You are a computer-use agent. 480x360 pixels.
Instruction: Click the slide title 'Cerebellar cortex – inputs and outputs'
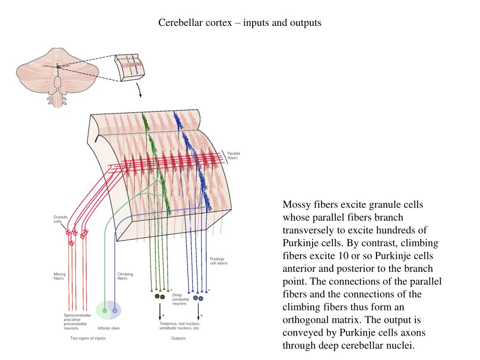point(240,22)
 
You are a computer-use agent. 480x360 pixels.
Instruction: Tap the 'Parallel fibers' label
point(233,156)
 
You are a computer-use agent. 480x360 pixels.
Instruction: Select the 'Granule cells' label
point(60,219)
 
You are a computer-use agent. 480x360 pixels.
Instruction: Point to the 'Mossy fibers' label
point(60,276)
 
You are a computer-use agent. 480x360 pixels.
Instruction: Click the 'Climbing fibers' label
point(125,276)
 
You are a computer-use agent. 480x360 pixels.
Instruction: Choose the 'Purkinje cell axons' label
point(218,261)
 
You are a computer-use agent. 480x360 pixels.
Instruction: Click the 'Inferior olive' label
point(108,328)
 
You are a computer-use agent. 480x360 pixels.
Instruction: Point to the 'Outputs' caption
point(178,338)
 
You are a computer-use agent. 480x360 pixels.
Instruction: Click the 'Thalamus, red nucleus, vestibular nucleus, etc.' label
point(180,326)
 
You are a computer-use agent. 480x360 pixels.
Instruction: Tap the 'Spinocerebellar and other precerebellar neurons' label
point(77,322)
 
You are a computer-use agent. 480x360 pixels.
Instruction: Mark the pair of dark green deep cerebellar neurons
point(160,296)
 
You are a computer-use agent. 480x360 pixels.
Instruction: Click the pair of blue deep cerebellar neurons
point(198,298)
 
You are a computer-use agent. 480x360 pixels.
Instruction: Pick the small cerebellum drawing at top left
point(57,75)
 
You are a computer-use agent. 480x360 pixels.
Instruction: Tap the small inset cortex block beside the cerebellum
point(130,67)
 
